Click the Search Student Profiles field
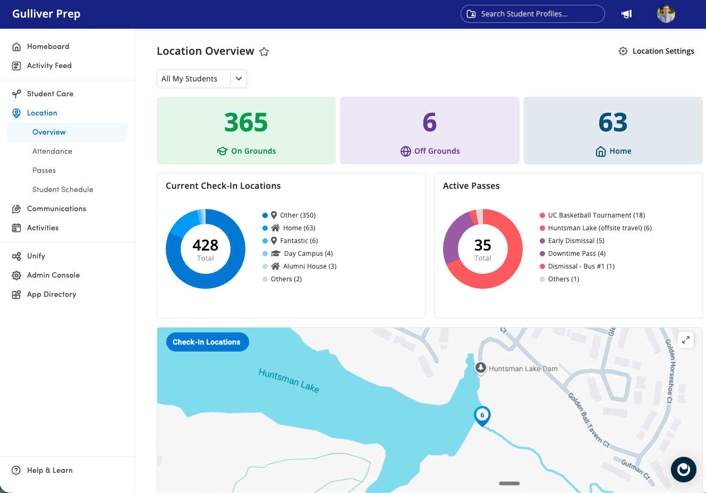tap(532, 14)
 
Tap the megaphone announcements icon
tap(626, 14)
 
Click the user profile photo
tap(666, 14)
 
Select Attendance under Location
tap(52, 151)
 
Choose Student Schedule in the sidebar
tap(63, 189)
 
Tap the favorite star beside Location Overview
tap(264, 52)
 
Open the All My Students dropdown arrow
tap(239, 79)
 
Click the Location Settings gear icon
tap(623, 51)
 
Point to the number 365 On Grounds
tap(246, 122)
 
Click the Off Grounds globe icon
tap(406, 152)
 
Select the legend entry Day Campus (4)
tap(297, 254)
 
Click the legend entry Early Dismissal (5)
tap(572, 241)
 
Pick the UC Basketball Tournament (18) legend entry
tap(592, 215)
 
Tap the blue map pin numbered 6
tap(482, 416)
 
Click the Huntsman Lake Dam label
tap(523, 369)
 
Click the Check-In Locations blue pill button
tap(207, 342)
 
